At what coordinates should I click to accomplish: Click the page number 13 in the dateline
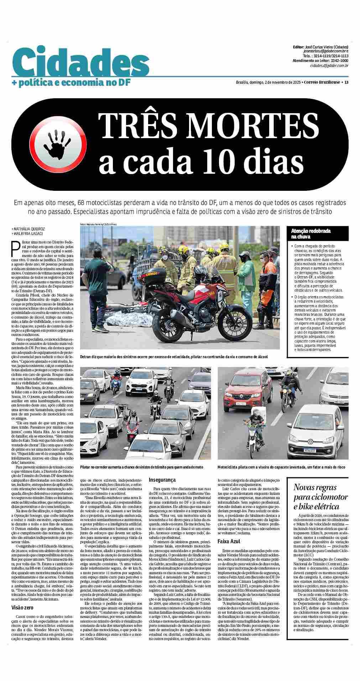coord(346,83)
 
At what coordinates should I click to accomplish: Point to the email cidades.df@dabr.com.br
coord(329,66)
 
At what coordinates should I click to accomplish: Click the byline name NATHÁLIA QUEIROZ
coord(30,229)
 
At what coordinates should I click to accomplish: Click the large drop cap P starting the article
coord(15,249)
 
